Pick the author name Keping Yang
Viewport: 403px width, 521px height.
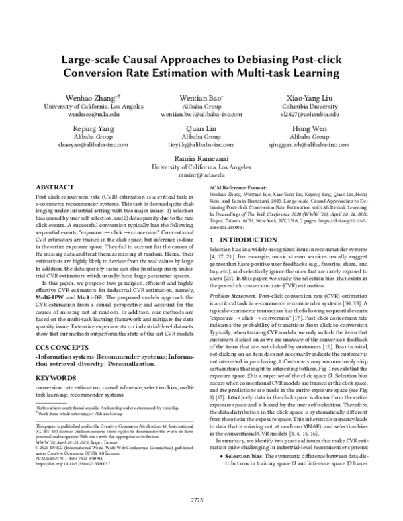pyautogui.click(x=83, y=128)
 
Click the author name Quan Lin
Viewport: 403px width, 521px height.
pyautogui.click(x=201, y=128)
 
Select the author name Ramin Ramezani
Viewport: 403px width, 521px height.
pyautogui.click(x=201, y=157)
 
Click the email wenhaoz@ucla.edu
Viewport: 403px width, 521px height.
pyautogui.click(x=83, y=114)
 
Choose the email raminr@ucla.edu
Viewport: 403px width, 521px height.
pyautogui.click(x=201, y=173)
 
